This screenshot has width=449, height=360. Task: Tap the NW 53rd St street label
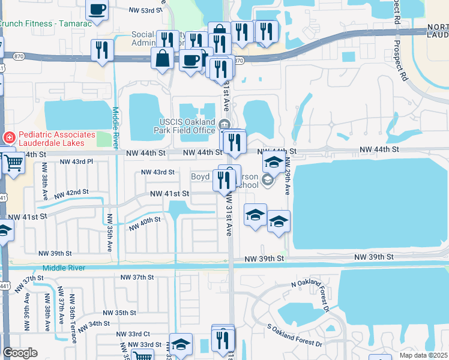[x=146, y=10]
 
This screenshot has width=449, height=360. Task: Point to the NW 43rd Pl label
[x=76, y=162]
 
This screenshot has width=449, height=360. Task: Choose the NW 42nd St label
[x=71, y=193]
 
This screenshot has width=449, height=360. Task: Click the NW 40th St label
[x=145, y=223]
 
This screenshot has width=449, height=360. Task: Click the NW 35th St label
[x=119, y=313]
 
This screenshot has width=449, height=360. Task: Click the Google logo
[x=20, y=353]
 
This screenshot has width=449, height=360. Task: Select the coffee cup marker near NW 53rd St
[x=97, y=10]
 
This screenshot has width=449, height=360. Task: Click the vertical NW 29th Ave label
[x=288, y=176]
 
